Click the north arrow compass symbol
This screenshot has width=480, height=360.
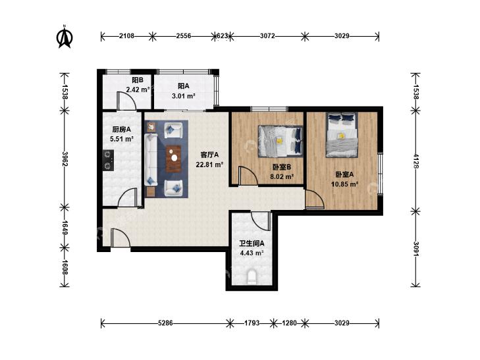pos(65,37)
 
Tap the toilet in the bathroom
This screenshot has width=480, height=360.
pos(252,276)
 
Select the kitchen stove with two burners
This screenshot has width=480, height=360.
pos(108,160)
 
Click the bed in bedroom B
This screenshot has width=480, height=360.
pos(280,141)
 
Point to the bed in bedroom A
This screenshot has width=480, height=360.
pos(342,135)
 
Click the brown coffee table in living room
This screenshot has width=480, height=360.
pos(174,159)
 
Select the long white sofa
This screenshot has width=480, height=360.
pos(151,159)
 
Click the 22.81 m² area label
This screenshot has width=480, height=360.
pos(209,165)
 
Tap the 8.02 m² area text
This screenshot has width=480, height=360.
pos(282,176)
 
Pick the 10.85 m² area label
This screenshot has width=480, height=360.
pos(345,184)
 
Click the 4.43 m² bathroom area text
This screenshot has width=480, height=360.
pos(252,253)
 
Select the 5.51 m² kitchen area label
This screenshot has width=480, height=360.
pos(122,139)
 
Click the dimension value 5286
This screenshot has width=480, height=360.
pos(166,323)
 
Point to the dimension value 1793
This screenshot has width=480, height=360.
pos(252,323)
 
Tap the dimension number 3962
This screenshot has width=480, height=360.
pos(65,159)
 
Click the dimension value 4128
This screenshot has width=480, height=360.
pos(415,161)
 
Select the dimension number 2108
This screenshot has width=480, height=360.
pos(126,36)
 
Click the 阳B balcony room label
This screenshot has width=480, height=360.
pos(138,80)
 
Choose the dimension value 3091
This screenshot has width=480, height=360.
pos(415,249)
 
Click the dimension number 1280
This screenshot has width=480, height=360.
pos(289,323)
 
